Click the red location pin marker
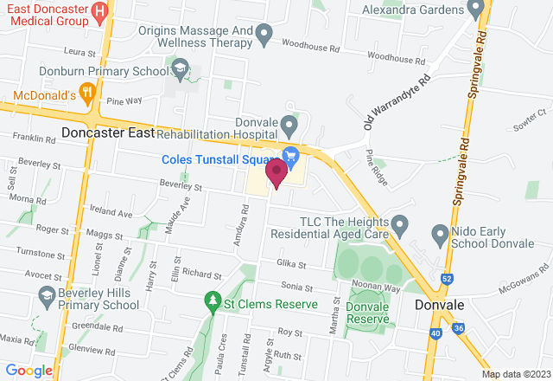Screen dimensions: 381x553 (x=276, y=171)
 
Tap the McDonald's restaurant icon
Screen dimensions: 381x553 (x=86, y=90)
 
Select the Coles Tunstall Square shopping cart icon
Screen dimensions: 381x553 (x=291, y=155)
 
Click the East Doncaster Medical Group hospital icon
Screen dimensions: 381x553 (x=100, y=12)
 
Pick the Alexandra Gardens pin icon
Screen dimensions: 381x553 (x=474, y=10)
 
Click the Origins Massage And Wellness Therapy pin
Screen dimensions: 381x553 (x=265, y=36)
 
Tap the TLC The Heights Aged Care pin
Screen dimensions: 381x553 (x=399, y=225)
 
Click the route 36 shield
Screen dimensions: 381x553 (x=458, y=329)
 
